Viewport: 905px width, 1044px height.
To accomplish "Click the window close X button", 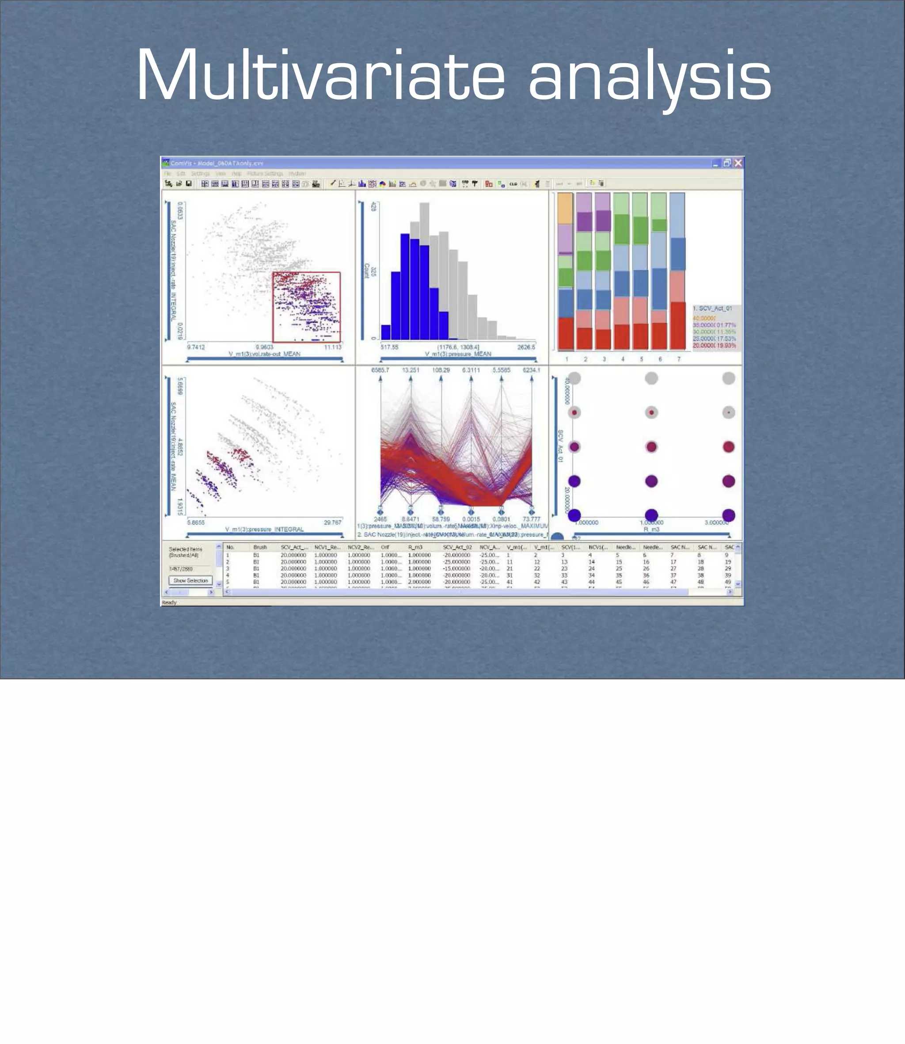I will pos(738,163).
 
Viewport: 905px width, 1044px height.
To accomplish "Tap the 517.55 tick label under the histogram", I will pos(389,347).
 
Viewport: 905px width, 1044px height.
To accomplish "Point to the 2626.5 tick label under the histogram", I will pos(526,347).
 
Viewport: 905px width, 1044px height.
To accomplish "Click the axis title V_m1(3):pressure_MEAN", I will pos(458,354).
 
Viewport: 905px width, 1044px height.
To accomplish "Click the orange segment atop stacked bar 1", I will pos(565,208).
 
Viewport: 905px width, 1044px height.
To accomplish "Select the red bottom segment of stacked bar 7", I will pos(678,325).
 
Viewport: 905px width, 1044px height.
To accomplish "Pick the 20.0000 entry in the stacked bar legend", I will pos(704,346).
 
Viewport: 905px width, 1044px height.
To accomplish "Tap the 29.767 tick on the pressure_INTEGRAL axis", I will pos(332,522).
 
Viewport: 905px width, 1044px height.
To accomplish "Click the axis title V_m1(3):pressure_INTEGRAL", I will pos(264,530).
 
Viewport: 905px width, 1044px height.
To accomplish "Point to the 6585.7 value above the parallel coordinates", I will pos(380,370).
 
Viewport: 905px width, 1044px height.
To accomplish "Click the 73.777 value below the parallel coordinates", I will pos(531,519).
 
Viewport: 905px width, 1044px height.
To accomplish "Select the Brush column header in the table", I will pos(260,547).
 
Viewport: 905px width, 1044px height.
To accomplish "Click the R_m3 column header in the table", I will pos(415,547).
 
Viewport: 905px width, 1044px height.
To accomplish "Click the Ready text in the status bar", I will pos(169,602).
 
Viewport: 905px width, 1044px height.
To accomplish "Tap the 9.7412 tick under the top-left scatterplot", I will pos(196,347).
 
